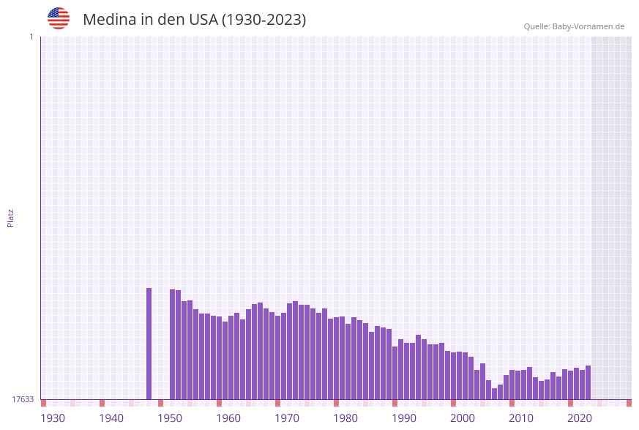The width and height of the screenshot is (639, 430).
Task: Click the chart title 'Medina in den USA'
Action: click(150, 20)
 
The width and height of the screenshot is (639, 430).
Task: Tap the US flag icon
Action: click(59, 18)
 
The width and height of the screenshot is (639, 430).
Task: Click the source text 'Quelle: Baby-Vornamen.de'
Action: click(574, 26)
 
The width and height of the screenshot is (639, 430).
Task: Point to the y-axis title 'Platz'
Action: click(11, 218)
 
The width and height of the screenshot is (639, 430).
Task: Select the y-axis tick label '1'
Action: click(31, 37)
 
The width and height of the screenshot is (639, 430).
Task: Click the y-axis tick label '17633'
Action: click(23, 399)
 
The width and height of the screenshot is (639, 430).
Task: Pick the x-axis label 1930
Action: click(53, 418)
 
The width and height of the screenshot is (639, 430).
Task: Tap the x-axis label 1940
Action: click(111, 418)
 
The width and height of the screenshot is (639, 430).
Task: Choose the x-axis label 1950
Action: click(170, 418)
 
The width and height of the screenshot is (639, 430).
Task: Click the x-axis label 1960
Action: click(228, 418)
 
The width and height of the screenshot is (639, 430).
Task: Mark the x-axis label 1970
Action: click(287, 418)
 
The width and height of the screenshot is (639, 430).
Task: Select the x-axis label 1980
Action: click(345, 418)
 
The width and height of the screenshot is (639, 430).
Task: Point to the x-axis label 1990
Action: click(404, 418)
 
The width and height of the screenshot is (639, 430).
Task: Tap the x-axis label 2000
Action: click(463, 418)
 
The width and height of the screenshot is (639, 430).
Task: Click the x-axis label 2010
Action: click(521, 418)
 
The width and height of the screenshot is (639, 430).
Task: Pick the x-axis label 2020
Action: click(580, 418)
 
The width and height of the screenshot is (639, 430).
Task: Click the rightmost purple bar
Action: click(588, 382)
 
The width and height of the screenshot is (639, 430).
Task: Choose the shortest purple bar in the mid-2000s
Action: click(495, 394)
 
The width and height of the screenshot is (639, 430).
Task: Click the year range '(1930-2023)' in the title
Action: click(264, 20)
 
